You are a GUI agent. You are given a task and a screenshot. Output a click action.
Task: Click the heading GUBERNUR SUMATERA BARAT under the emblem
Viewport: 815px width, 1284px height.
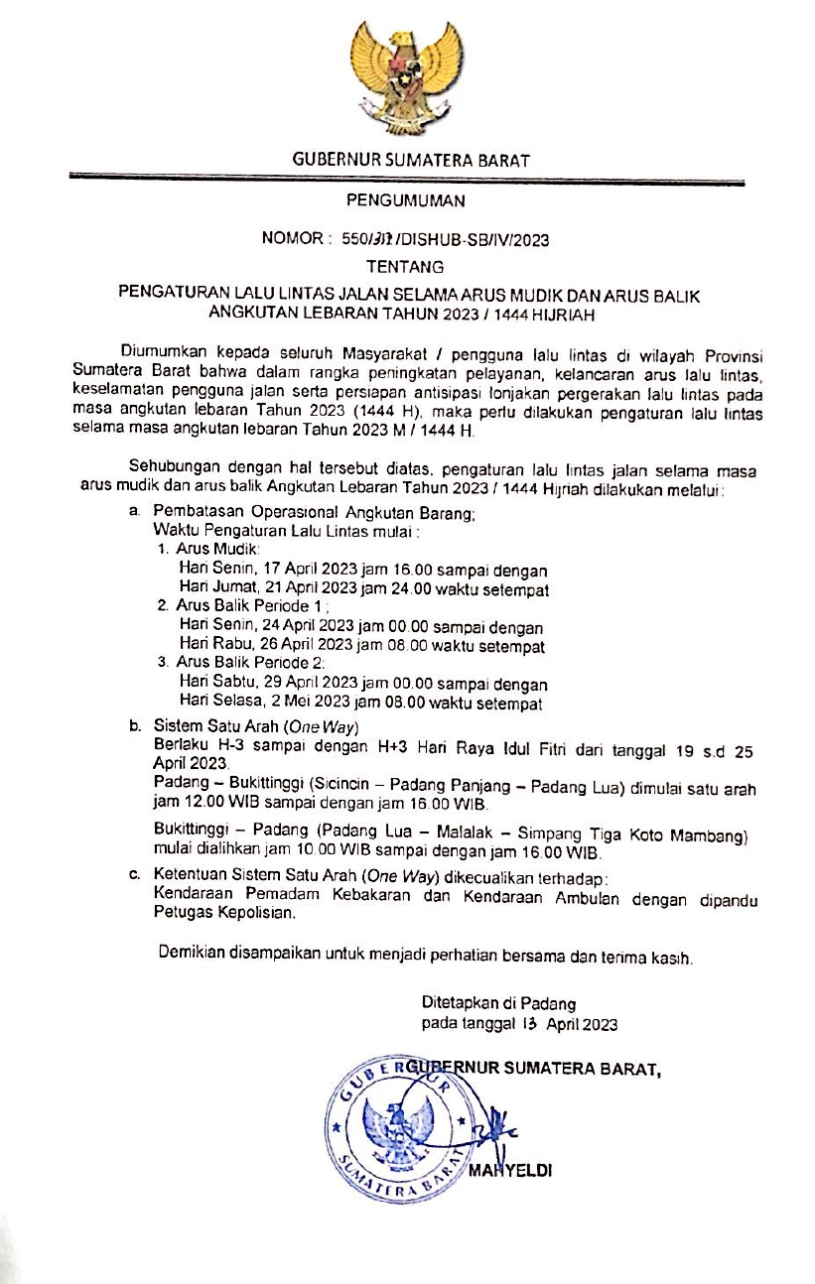click(x=411, y=160)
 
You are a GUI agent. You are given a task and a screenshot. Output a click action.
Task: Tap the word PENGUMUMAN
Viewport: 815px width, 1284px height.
click(x=406, y=202)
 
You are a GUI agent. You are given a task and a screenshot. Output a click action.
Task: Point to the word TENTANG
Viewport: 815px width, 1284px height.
click(x=406, y=267)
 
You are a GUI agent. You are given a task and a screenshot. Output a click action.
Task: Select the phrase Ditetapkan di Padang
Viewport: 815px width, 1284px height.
click(x=498, y=1003)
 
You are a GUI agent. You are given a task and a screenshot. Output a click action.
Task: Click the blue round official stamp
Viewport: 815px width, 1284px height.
click(x=397, y=1129)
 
